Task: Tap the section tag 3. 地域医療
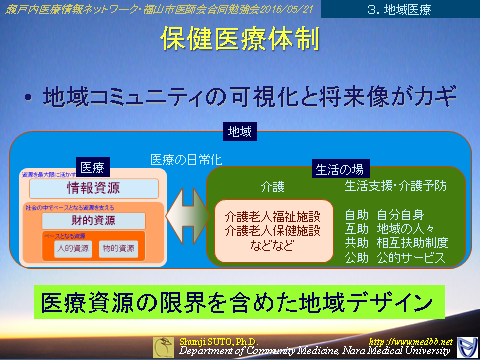click(x=424, y=9)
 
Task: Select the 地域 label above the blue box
click(x=240, y=132)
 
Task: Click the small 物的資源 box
click(x=117, y=247)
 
